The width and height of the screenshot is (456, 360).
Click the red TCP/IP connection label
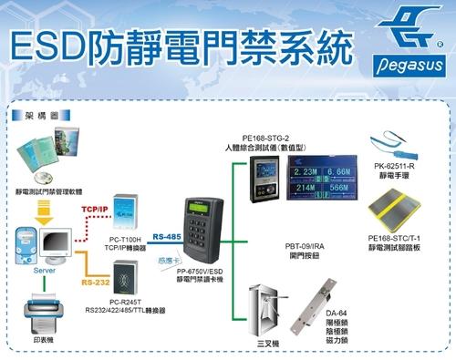tap(97, 209)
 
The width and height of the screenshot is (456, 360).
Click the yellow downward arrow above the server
tap(43, 212)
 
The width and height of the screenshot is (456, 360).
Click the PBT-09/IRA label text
tap(303, 246)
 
